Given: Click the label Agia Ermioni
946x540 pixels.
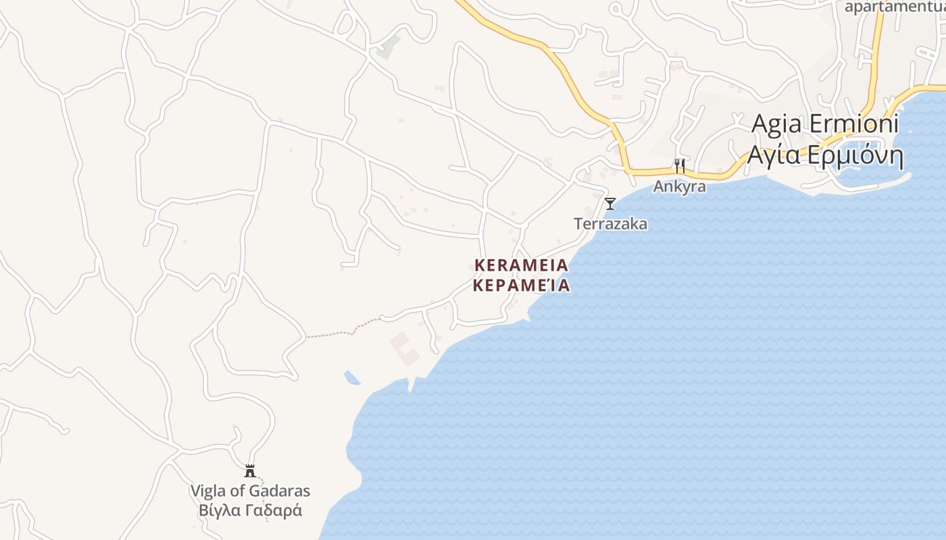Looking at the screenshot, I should (x=824, y=124).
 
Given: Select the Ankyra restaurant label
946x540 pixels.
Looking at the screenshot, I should (x=679, y=186).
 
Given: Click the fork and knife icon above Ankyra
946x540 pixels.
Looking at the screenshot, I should (x=679, y=165).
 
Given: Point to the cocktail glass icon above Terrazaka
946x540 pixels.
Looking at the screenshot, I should (x=610, y=203).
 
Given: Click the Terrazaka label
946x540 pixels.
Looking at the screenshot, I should (x=610, y=223).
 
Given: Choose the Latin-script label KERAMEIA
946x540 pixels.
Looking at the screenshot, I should (x=521, y=265).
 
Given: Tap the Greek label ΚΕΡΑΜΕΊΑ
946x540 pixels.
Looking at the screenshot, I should (x=521, y=286).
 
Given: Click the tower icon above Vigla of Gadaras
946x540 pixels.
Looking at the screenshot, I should (x=250, y=470).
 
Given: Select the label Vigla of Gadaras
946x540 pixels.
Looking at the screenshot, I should (x=250, y=491).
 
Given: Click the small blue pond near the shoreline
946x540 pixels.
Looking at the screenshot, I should (x=351, y=377).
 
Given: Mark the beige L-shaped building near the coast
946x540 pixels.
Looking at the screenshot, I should (x=406, y=348).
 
